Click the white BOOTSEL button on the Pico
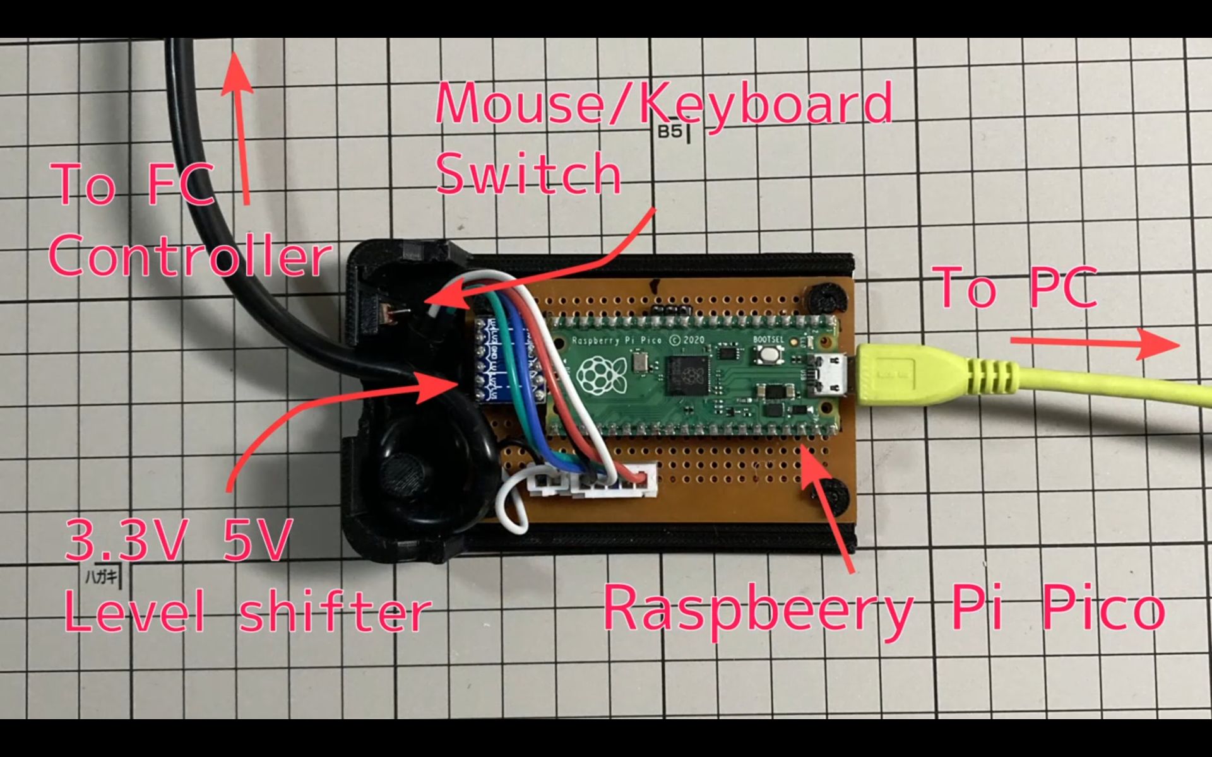tap(768, 355)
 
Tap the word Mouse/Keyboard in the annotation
tap(663, 104)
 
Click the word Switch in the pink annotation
tap(529, 175)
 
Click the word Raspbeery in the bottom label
tap(757, 609)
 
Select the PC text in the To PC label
tap(1062, 287)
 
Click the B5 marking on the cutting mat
tap(670, 132)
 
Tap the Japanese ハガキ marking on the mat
tap(101, 576)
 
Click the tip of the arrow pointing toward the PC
tap(1178, 344)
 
